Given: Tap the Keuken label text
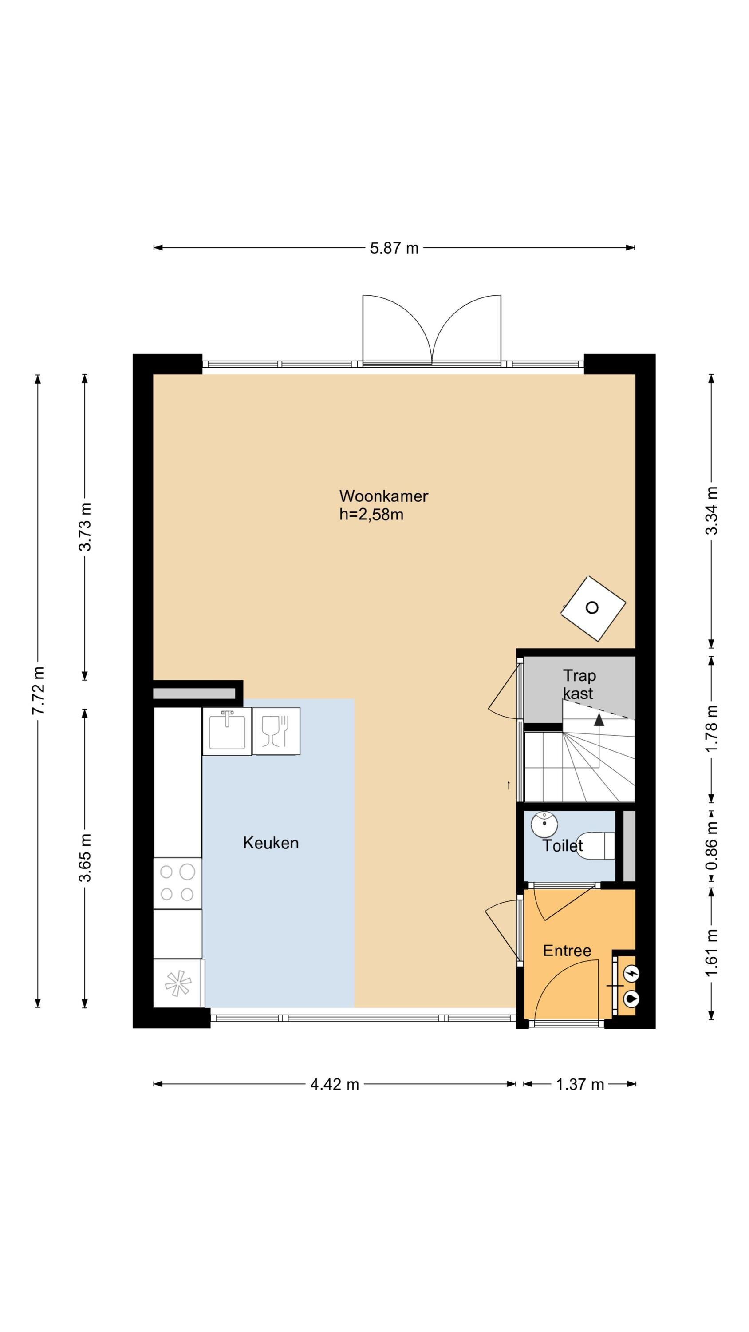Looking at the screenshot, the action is coord(271,843).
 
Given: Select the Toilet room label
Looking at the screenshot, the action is coord(562,846).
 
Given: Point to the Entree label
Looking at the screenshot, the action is coord(567,951).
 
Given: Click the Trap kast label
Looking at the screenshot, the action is coord(579,684).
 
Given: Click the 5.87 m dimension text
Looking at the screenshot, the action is coord(394,248).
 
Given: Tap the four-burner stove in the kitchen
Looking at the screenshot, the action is coord(177,883).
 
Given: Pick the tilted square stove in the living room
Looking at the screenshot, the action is coord(593,608).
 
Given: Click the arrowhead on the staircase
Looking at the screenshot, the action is coord(599,719).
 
